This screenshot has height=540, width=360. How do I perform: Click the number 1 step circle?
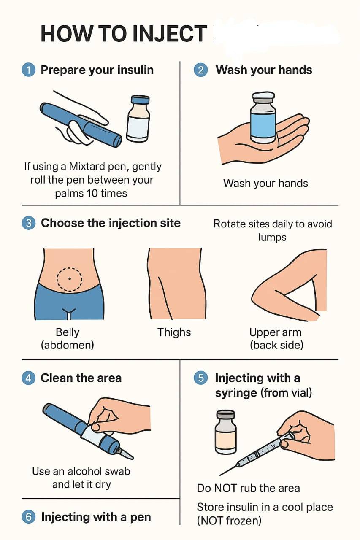pyautogui.click(x=29, y=70)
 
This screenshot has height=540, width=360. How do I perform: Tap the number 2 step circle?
pyautogui.click(x=201, y=70)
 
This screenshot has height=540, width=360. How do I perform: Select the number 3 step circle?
pyautogui.click(x=29, y=223)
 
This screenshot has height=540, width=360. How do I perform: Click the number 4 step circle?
pyautogui.click(x=29, y=378)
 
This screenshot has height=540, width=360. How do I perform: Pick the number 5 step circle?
pyautogui.click(x=201, y=378)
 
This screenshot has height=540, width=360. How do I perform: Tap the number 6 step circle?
pyautogui.click(x=29, y=517)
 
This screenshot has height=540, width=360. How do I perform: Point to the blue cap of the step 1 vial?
pyautogui.click(x=140, y=100)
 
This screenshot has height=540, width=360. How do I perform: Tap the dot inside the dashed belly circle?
pyautogui.click(x=70, y=279)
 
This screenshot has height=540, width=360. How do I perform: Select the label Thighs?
pyautogui.click(x=174, y=332)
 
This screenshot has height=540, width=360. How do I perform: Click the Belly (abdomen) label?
pyautogui.click(x=68, y=338)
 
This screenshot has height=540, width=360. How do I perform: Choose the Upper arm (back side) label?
pyautogui.click(x=276, y=338)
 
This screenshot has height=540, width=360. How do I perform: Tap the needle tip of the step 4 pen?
pyautogui.click(x=132, y=458)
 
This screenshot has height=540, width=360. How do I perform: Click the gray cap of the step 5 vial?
pyautogui.click(x=225, y=415)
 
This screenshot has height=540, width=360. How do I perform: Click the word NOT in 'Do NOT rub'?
pyautogui.click(x=226, y=489)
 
